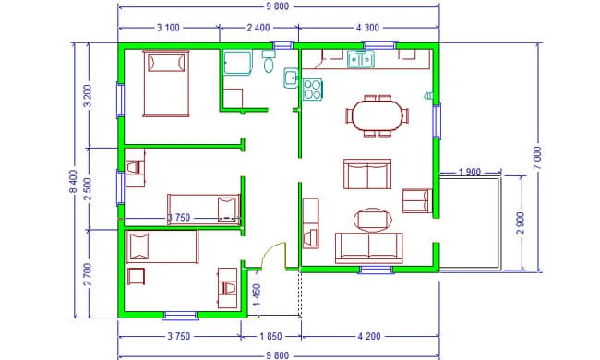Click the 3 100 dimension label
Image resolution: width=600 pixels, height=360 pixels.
click(x=168, y=28)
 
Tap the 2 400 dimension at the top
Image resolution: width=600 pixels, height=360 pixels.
click(x=258, y=28)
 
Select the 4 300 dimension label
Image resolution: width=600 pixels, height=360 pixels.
click(x=367, y=28)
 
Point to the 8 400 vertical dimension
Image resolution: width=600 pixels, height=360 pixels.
click(x=74, y=181)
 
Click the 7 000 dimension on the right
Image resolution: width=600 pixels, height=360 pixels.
click(x=537, y=158)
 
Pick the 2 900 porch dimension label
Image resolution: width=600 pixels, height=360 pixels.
click(x=521, y=223)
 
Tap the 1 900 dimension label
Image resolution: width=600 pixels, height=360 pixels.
click(x=469, y=173)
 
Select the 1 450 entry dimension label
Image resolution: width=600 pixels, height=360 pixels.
click(x=257, y=295)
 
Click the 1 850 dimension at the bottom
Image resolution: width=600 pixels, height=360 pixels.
click(x=270, y=336)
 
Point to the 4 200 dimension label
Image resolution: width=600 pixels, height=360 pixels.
click(x=369, y=336)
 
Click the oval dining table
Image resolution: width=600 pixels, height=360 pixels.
click(x=378, y=115)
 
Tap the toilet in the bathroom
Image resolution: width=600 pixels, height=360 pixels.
click(x=269, y=63)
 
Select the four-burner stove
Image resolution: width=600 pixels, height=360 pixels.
click(x=312, y=90)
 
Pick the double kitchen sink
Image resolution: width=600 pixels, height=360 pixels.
click(x=360, y=60)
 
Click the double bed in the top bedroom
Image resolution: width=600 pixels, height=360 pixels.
click(x=166, y=83)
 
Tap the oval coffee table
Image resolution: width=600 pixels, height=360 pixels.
click(x=373, y=220)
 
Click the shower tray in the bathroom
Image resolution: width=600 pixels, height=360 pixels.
click(x=238, y=63)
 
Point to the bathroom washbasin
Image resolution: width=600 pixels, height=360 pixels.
click(x=291, y=78)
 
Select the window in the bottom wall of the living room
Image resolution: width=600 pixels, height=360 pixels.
click(x=376, y=270)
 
